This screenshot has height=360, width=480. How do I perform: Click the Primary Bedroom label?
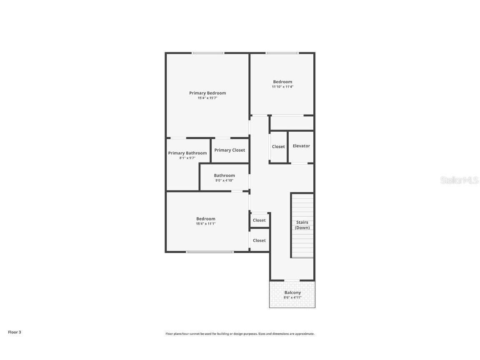[207, 93]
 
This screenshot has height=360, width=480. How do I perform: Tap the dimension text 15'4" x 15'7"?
[207, 98]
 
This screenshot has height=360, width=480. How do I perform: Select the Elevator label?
[301, 146]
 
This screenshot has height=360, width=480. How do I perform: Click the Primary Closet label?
[230, 150]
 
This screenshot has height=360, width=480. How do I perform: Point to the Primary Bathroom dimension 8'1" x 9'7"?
[187, 158]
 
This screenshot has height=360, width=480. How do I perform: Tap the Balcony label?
[292, 292]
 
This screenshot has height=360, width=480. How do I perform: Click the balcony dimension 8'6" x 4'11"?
[292, 297]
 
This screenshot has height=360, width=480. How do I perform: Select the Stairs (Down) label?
[302, 225]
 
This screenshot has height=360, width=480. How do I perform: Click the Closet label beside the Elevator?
[278, 147]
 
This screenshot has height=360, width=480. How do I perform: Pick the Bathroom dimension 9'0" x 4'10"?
[224, 180]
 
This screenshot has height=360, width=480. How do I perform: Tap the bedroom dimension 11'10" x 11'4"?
[282, 87]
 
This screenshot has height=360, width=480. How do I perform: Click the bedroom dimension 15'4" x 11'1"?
[206, 224]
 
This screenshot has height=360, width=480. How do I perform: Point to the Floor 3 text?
[14, 332]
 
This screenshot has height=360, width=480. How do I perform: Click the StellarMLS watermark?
[459, 180]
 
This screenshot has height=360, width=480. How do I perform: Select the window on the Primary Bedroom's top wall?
[208, 53]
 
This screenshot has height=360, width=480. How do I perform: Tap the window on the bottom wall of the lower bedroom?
[210, 252]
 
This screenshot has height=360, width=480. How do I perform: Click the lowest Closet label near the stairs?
[259, 240]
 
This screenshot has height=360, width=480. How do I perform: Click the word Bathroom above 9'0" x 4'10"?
[224, 175]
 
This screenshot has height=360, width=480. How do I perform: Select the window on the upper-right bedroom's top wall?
[282, 53]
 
